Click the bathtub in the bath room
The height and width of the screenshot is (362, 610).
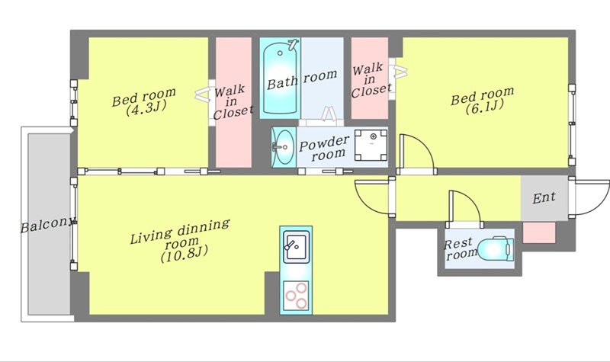(x=280, y=78)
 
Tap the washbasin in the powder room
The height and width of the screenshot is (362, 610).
(x=284, y=147)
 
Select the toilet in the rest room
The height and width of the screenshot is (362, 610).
(x=495, y=248)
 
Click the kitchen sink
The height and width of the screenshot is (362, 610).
(x=296, y=247)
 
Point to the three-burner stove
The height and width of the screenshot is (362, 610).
(x=296, y=296)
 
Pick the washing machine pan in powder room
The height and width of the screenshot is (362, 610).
(x=371, y=145)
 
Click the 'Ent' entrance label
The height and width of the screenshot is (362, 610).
(x=544, y=197)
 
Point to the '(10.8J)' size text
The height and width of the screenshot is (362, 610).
(x=185, y=255)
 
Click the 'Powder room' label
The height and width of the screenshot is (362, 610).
(x=325, y=149)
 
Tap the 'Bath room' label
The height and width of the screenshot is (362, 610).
(x=302, y=79)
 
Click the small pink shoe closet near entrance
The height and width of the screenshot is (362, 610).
(x=539, y=232)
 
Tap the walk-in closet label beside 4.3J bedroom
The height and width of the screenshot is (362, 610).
(x=233, y=103)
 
